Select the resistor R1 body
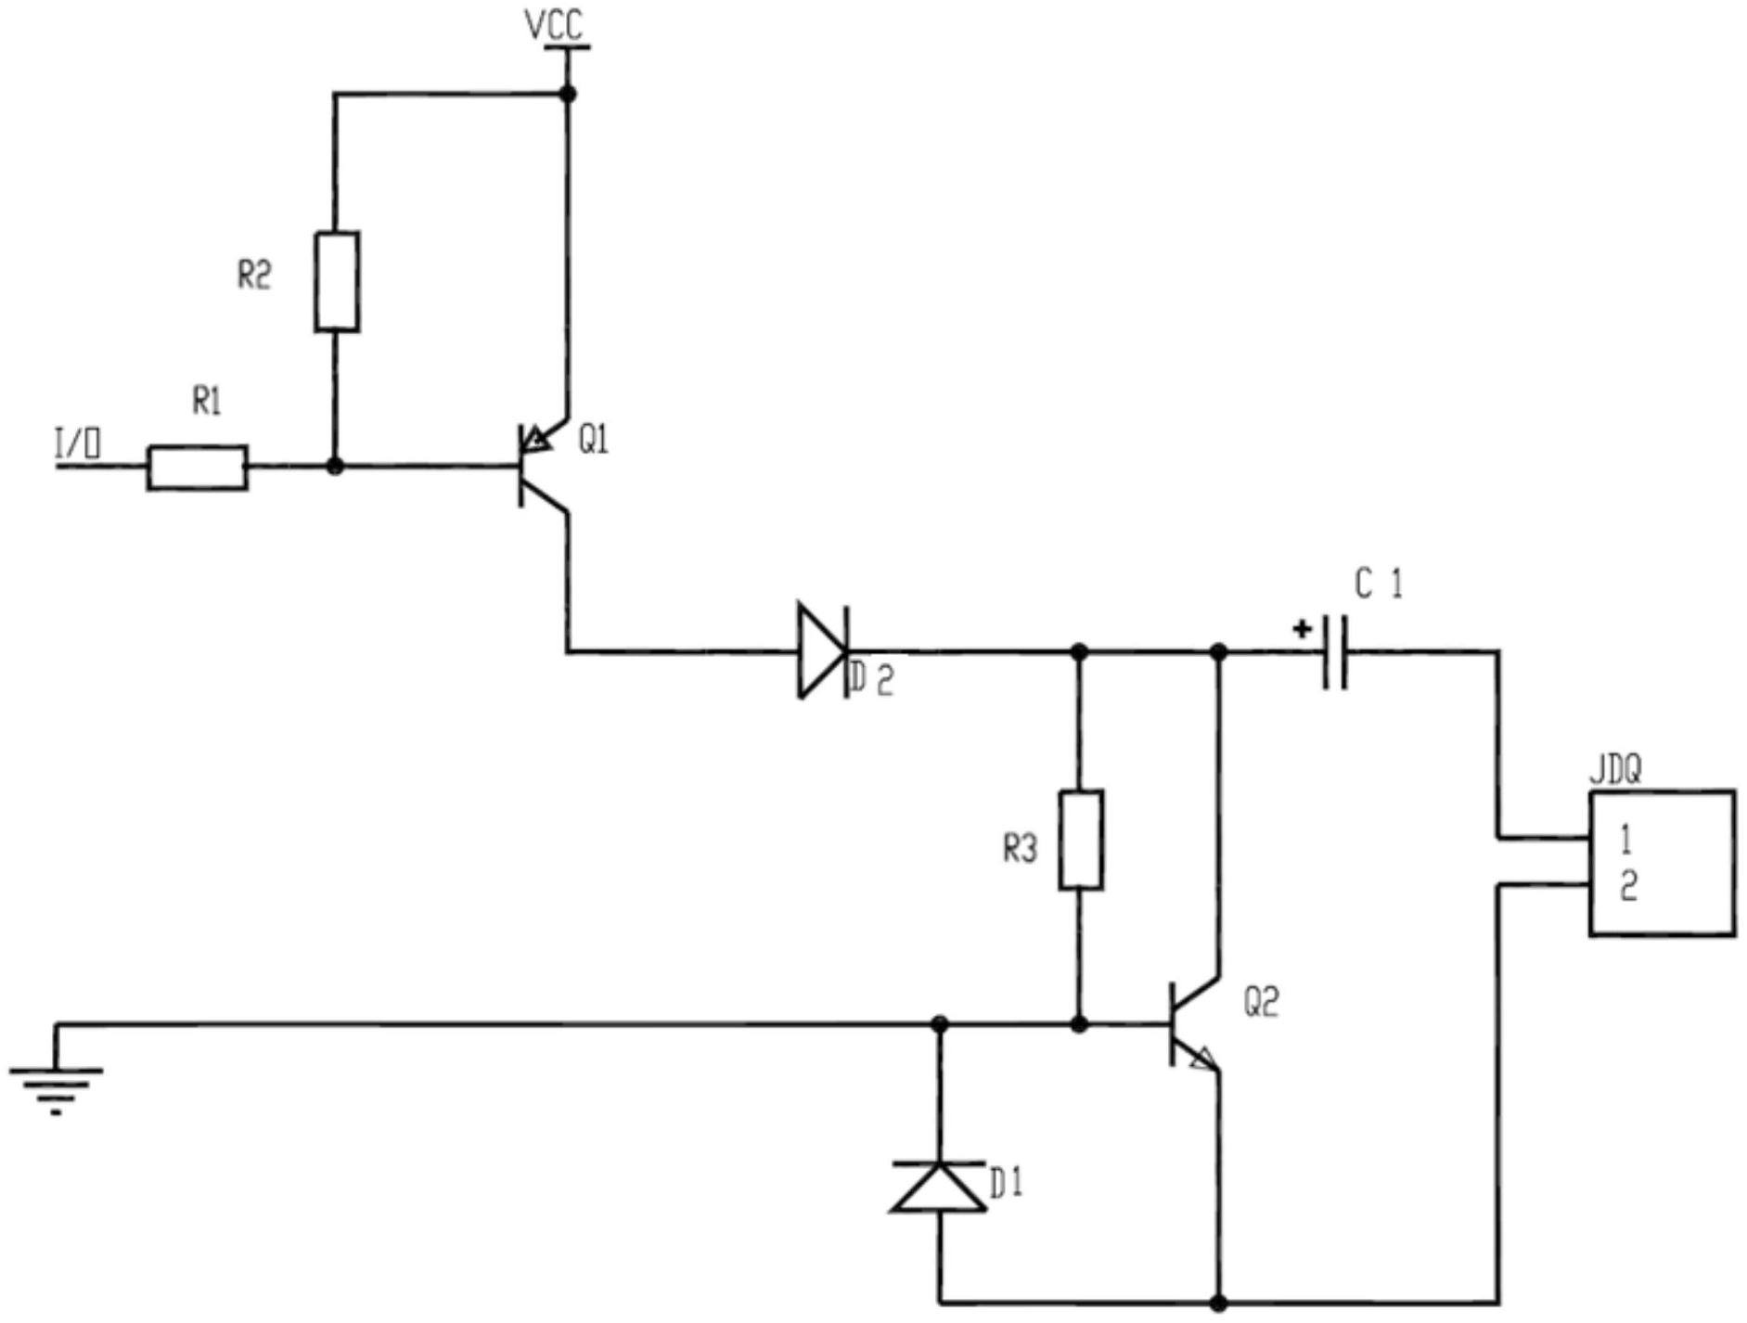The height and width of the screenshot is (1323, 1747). (x=198, y=468)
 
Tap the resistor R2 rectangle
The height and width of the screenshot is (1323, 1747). (x=337, y=282)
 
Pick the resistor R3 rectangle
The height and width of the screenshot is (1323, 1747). (x=1081, y=840)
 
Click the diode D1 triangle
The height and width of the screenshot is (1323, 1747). (x=939, y=1187)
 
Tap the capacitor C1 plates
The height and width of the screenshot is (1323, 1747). (x=1335, y=652)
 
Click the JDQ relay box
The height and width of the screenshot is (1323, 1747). (x=1662, y=863)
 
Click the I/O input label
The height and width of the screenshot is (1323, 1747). (x=78, y=444)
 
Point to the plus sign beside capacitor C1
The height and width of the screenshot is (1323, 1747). (x=1303, y=630)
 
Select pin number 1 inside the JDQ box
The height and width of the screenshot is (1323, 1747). (x=1625, y=840)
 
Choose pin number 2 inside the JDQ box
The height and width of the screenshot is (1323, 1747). (x=1628, y=888)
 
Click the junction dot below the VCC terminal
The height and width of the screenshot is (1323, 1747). (x=568, y=94)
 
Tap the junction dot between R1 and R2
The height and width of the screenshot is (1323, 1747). (x=336, y=467)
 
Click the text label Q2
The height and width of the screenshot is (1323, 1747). (x=1261, y=1002)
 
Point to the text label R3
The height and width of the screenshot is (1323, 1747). (x=1020, y=848)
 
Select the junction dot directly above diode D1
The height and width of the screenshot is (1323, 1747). (x=940, y=1024)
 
